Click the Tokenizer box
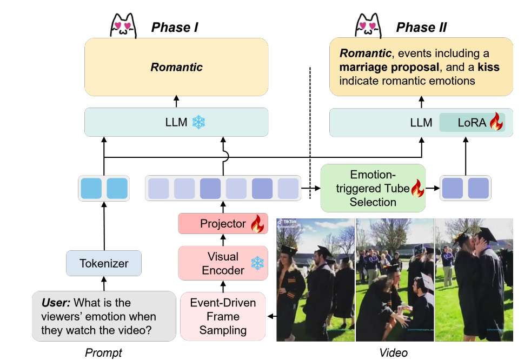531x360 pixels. coord(104,264)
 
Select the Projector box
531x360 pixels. coord(223,224)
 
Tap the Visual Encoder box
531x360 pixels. coord(223,263)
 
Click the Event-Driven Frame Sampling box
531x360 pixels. coord(223,316)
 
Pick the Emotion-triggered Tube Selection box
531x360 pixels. coord(373,188)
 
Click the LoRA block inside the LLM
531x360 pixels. coord(471,123)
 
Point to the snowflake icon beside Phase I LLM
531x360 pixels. coord(199,123)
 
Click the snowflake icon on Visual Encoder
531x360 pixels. coord(257,263)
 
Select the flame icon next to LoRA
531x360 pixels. coord(496,123)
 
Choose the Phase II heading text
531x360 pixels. coord(421,27)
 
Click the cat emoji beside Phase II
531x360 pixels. coord(368,25)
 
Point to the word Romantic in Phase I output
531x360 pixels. coord(176,68)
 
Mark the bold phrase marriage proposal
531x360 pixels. coord(389,68)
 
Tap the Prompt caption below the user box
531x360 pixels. coord(104,353)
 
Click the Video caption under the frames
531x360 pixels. coord(393,353)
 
